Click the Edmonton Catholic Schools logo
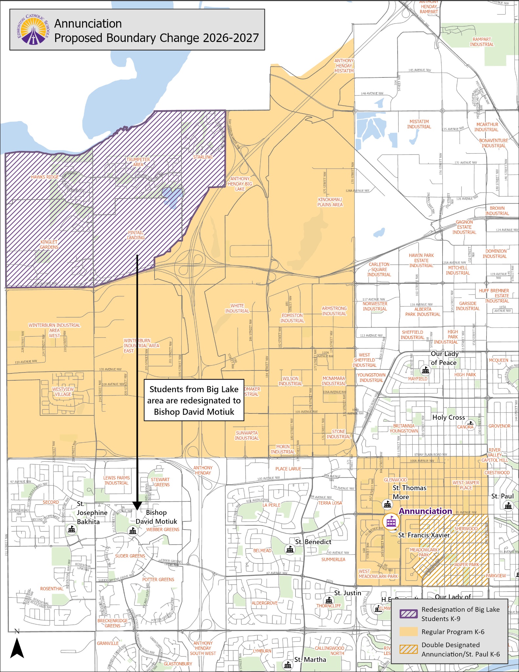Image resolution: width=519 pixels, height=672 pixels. (33, 30)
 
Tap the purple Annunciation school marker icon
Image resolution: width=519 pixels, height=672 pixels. (391, 521)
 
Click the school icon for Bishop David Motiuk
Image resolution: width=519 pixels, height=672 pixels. (133, 531)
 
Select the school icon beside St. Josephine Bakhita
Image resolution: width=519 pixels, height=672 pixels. (72, 529)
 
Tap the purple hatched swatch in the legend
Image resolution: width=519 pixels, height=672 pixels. (408, 614)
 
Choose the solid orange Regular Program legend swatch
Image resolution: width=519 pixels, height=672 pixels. (408, 632)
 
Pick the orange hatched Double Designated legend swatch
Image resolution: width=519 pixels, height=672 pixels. (408, 649)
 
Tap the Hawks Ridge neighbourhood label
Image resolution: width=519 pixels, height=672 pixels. (45, 177)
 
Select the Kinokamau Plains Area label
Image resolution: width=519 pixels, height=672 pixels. (330, 202)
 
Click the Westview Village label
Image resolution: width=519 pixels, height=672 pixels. (63, 392)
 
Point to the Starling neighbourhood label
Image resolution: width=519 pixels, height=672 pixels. (203, 157)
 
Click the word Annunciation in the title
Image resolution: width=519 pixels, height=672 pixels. (88, 24)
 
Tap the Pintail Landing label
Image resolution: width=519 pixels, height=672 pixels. (136, 235)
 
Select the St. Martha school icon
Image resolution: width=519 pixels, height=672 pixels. (287, 665)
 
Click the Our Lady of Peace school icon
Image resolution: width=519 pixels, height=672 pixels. (425, 370)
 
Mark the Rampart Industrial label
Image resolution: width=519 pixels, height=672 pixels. (482, 42)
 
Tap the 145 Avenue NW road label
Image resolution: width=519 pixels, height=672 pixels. (420, 70)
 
